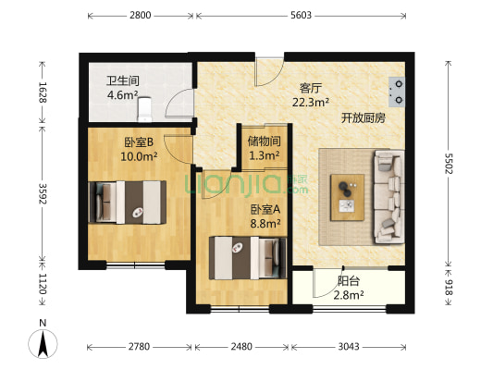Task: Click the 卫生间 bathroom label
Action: [x=122, y=80]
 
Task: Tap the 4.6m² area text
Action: [x=122, y=94]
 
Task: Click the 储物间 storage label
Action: [x=264, y=142]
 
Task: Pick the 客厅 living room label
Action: [x=310, y=89]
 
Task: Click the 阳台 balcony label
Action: [x=349, y=280]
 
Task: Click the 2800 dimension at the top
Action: [x=141, y=16]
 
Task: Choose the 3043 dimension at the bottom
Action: [x=349, y=347]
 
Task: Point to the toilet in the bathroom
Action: [x=144, y=109]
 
